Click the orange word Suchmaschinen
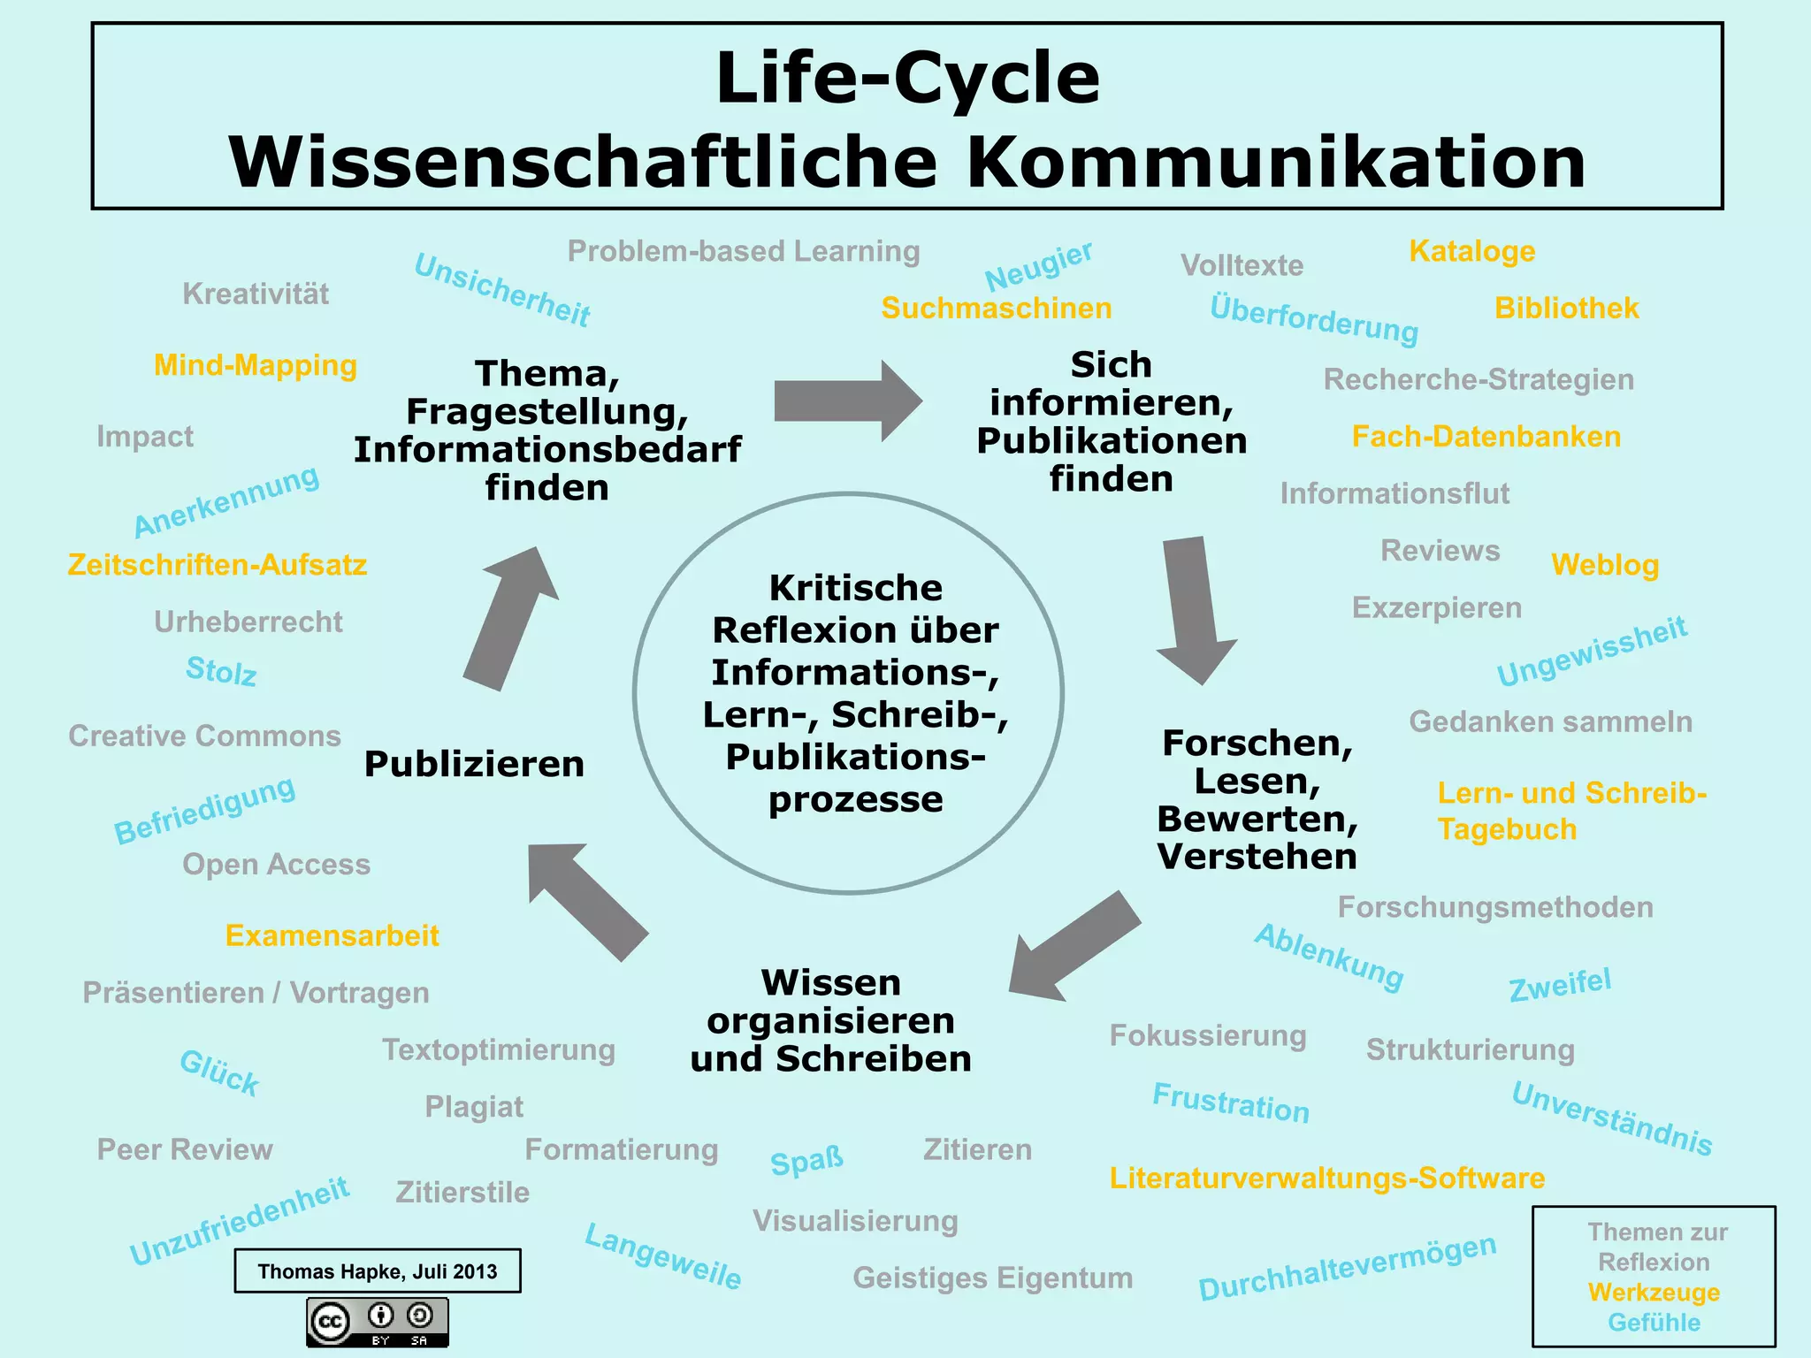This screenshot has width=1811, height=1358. click(997, 309)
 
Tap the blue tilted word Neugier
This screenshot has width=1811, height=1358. click(1039, 265)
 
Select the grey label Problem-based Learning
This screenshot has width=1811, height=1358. click(744, 251)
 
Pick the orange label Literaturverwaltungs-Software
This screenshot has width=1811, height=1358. click(1327, 1179)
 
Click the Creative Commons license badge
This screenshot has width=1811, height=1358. click(378, 1322)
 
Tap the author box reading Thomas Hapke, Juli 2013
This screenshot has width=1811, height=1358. click(378, 1271)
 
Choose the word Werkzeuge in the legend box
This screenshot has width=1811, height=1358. click(1654, 1293)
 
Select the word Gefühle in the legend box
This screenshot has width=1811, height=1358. click(1654, 1323)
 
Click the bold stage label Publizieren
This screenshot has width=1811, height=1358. click(474, 764)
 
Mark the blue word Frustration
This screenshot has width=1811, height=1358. click(1231, 1102)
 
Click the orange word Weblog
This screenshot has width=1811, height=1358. click(1605, 565)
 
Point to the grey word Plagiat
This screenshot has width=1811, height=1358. click(474, 1107)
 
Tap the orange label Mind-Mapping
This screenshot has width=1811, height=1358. click(256, 365)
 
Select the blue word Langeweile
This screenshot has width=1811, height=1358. click(663, 1255)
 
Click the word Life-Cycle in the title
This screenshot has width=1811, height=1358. click(907, 78)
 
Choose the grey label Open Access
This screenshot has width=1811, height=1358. click(276, 865)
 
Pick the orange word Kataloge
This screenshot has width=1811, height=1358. click(1472, 251)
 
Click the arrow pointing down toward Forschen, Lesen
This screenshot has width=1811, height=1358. click(1194, 610)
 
